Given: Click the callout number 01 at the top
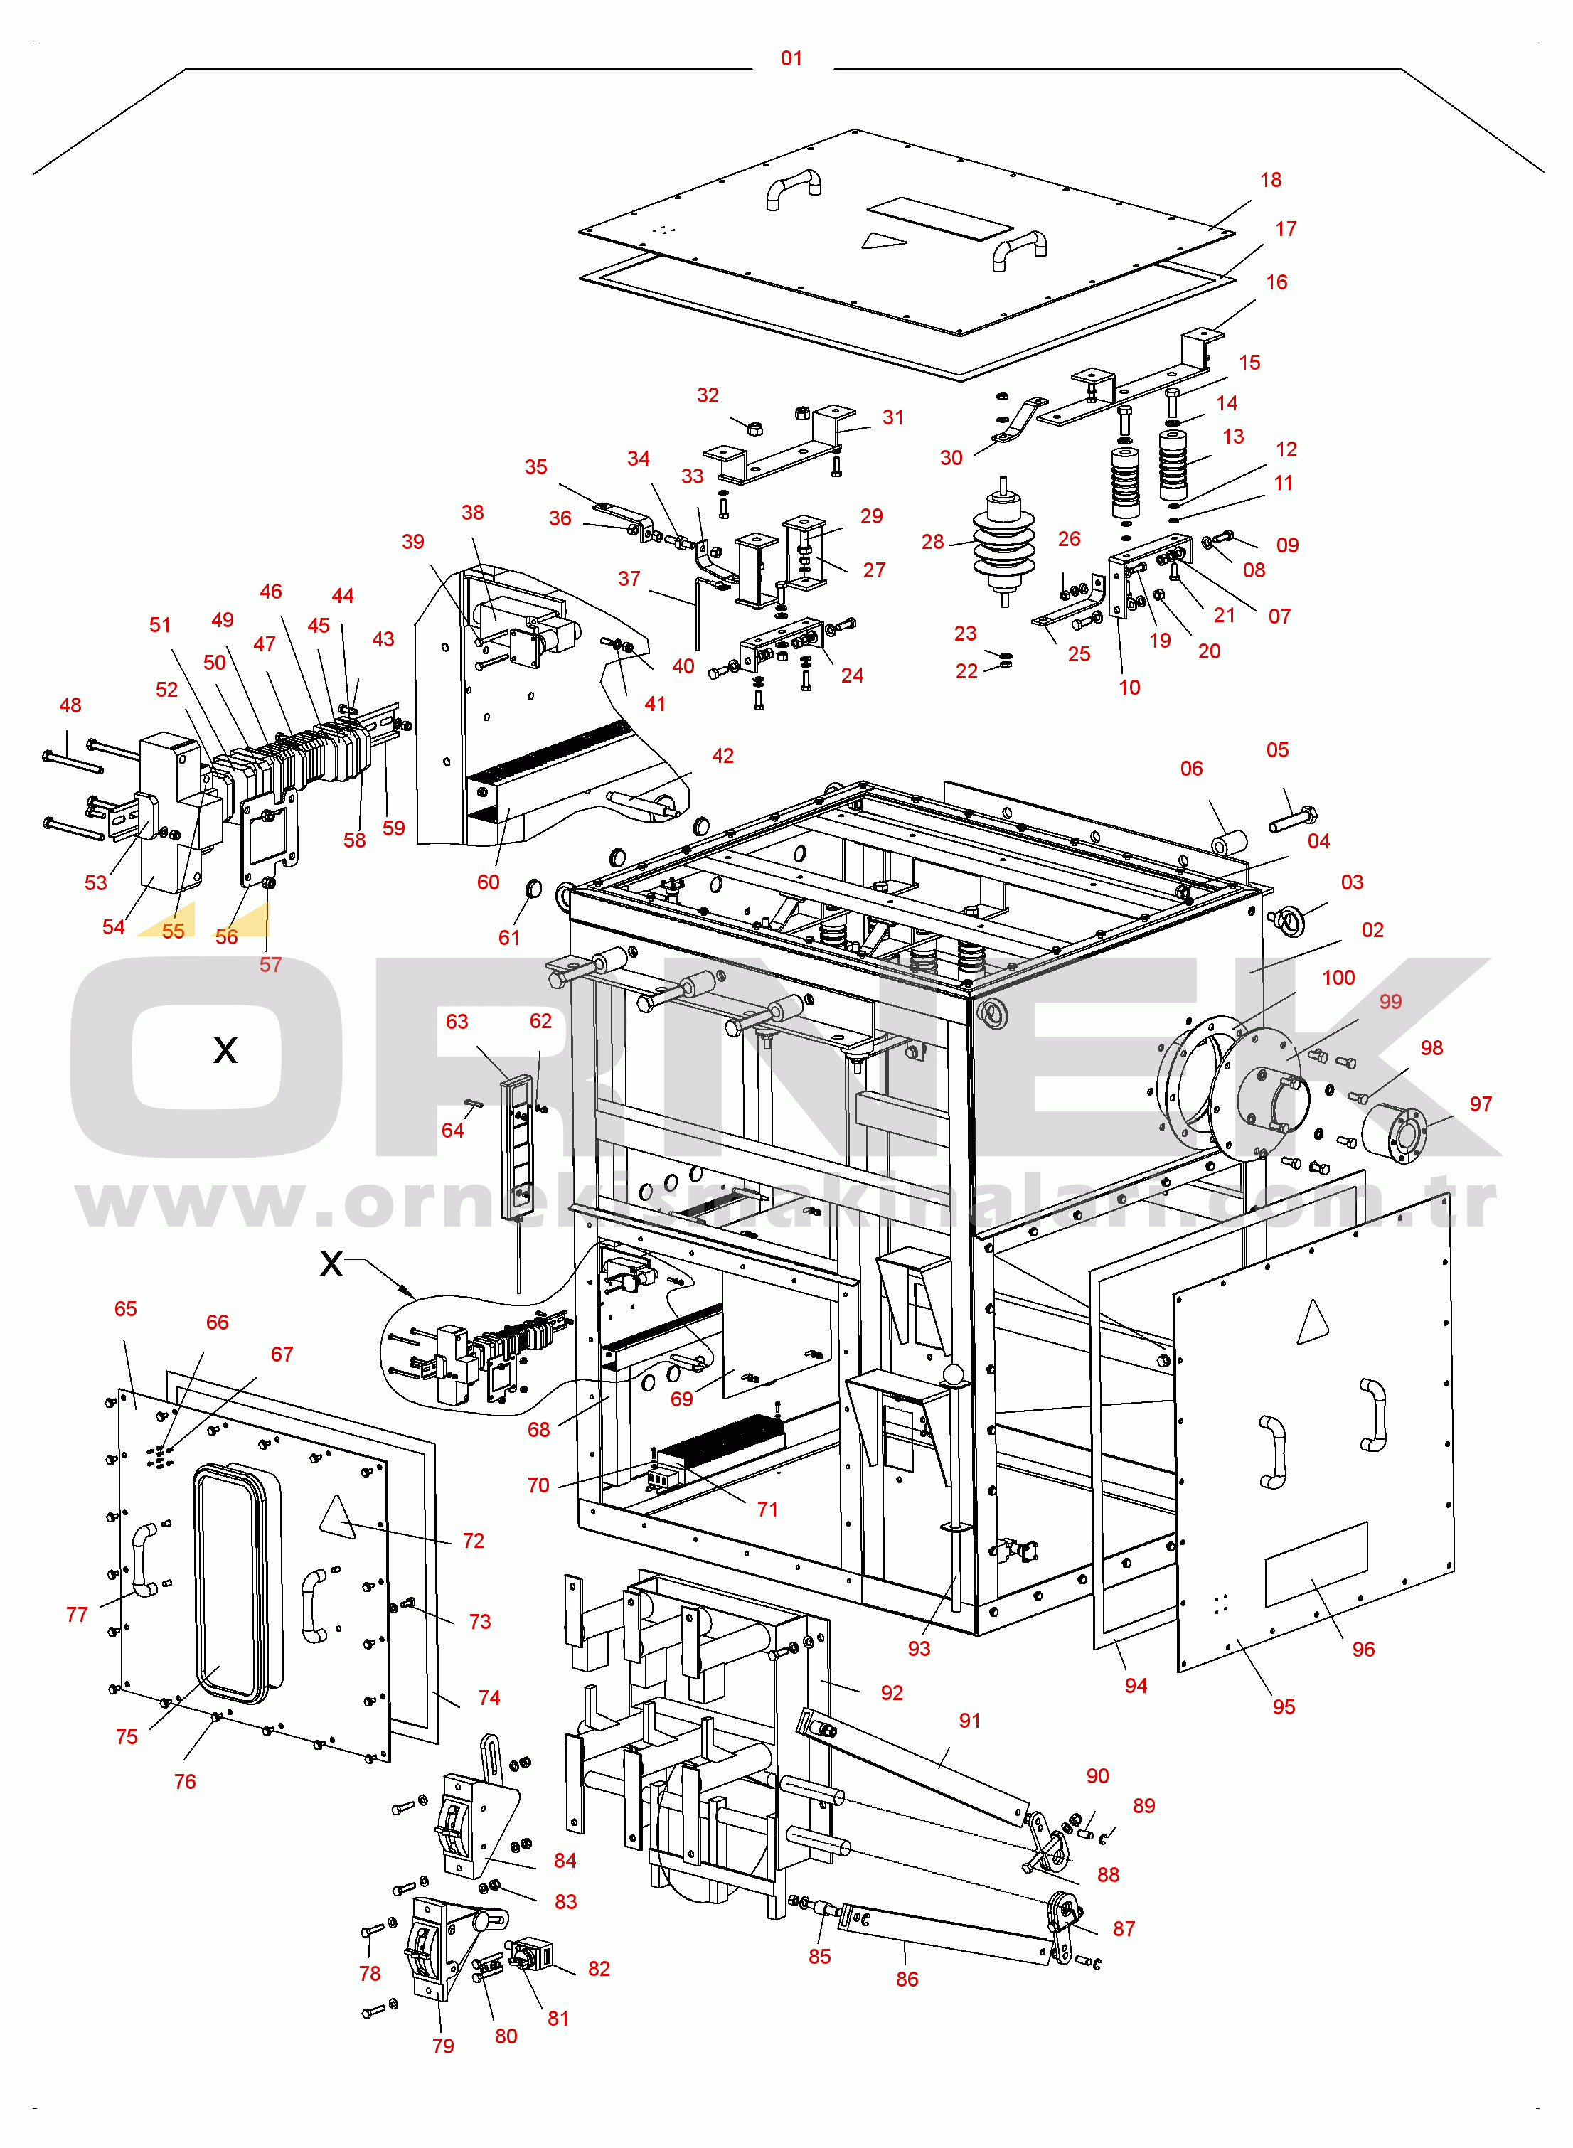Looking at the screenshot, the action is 791,58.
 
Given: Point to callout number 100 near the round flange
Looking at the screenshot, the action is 1338,977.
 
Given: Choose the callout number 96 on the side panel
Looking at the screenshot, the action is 1363,1649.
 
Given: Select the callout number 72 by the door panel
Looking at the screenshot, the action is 473,1541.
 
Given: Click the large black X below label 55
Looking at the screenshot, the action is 225,1050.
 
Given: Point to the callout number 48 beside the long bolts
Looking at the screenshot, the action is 70,705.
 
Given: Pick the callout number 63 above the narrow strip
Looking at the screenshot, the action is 457,1022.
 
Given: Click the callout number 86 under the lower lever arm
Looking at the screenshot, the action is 907,1979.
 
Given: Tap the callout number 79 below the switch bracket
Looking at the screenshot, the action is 443,2046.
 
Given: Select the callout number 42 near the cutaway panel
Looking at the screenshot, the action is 722,756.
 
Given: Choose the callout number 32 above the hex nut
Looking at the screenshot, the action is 708,395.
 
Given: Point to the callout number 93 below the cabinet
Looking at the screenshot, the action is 918,1648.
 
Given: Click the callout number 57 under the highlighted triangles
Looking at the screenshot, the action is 270,965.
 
